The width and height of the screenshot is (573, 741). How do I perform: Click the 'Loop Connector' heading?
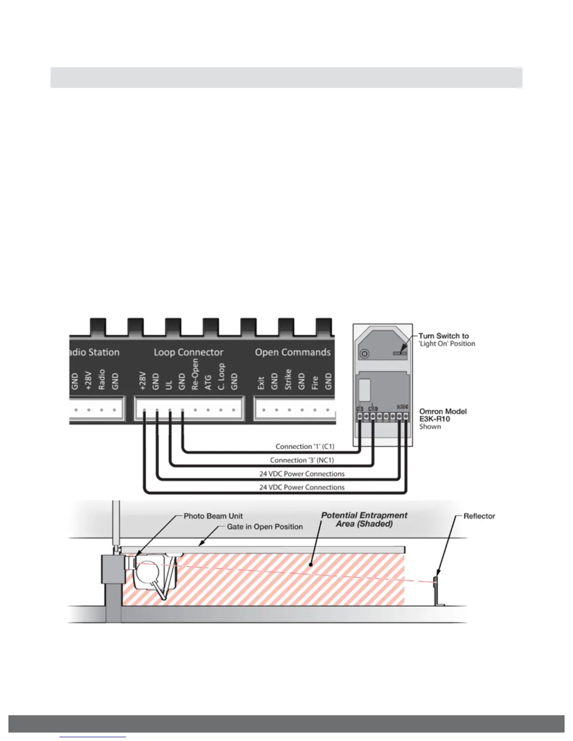188,352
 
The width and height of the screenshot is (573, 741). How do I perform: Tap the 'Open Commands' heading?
293,352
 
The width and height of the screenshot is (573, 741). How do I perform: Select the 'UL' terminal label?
169,384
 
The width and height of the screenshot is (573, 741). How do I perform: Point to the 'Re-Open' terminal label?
195,374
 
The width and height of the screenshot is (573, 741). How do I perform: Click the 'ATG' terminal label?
208,382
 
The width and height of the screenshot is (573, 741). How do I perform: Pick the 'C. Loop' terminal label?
221,377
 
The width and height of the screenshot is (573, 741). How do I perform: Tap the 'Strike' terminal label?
288,379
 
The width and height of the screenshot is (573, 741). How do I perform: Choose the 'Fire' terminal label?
315,382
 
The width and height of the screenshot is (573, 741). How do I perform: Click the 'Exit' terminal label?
261,383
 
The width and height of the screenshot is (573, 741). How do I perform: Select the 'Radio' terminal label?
102,379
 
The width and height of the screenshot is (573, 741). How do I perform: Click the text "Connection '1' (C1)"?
305,446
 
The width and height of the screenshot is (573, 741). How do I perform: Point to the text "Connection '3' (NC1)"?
302,460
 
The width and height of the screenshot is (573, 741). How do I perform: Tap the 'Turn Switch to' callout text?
443,336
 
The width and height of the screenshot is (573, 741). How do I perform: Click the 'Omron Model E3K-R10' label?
442,415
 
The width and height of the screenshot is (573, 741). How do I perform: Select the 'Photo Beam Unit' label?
213,516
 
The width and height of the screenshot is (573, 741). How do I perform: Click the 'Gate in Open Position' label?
264,527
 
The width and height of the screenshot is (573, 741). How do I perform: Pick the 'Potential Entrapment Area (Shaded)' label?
364,519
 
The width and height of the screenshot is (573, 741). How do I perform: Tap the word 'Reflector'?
479,516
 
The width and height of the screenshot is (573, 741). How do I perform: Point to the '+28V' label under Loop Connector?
143,381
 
